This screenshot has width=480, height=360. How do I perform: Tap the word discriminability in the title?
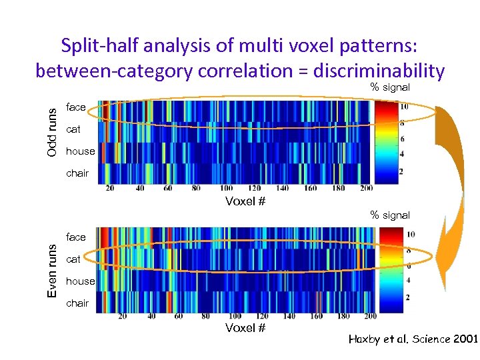point(378,70)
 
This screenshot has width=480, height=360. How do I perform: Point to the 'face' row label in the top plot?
point(76,107)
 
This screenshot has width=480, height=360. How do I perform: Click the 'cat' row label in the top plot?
point(73,129)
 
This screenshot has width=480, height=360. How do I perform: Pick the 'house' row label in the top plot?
point(80,151)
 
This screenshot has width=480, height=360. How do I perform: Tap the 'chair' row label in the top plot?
point(77,173)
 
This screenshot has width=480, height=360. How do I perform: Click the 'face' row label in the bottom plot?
point(76,237)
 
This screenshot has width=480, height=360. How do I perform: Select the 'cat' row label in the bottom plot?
point(73,259)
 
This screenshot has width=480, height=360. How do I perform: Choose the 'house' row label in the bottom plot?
point(80,281)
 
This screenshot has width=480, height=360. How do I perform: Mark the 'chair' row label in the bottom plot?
point(77,303)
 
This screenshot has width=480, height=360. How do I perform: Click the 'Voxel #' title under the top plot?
point(245,201)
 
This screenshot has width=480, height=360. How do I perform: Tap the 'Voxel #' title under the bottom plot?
point(245,327)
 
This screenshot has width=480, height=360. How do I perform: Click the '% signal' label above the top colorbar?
point(390,87)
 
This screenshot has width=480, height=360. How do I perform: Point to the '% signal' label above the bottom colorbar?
point(390,215)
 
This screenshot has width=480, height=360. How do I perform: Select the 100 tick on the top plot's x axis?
point(227,189)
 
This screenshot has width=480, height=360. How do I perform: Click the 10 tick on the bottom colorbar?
point(410,234)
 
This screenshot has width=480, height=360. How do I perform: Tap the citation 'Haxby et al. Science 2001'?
point(413,339)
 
